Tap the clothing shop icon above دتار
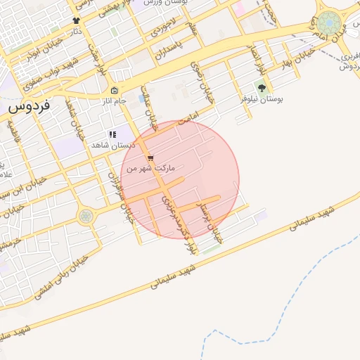(76, 20)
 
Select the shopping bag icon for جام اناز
(115, 91)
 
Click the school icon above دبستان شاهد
(111, 134)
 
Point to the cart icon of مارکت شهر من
(150, 158)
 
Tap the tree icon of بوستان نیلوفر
(262, 89)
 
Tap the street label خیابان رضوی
(198, 72)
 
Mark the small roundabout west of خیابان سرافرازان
(86, 216)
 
